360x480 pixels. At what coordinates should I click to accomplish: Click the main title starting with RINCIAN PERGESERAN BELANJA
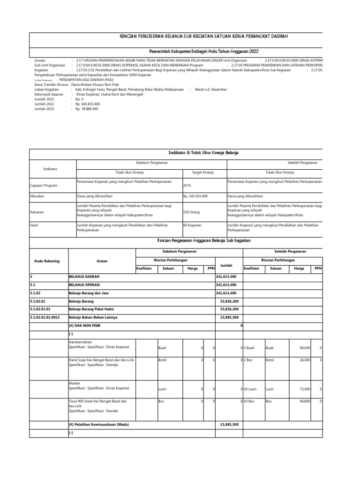[x=204, y=36]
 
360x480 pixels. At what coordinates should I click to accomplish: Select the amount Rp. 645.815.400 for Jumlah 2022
[x=88, y=104]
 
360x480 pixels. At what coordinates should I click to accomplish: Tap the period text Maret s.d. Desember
[x=211, y=89]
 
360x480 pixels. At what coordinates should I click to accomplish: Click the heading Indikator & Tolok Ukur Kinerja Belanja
[x=203, y=153]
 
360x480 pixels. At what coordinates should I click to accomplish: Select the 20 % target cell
[x=187, y=186]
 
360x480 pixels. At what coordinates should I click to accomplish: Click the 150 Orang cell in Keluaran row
[x=191, y=212]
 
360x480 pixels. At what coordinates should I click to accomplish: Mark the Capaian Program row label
[x=44, y=186]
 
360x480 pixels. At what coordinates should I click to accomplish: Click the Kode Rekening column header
[x=47, y=261]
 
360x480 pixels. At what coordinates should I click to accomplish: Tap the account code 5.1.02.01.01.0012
[x=47, y=317]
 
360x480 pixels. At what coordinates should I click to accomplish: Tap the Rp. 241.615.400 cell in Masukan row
[x=195, y=196]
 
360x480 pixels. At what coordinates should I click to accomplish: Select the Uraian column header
[x=102, y=261]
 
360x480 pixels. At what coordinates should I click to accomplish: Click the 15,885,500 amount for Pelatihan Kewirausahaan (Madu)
[x=229, y=425]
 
